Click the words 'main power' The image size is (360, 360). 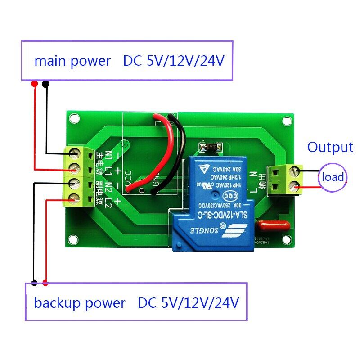tap(72, 61)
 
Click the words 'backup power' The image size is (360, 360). tap(79, 303)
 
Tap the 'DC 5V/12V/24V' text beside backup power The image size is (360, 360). tap(188, 303)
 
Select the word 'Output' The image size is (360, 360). tap(330, 147)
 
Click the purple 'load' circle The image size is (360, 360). tap(333, 177)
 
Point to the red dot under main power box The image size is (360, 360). tap(34, 84)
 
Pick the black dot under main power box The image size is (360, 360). tap(45, 84)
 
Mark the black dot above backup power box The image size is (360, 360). tap(34, 283)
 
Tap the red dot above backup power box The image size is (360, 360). tap(45, 283)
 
